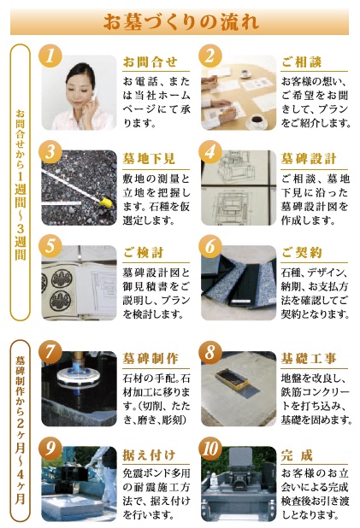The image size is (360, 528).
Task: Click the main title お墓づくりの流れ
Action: (x=180, y=19)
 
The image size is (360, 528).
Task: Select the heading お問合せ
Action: (x=150, y=62)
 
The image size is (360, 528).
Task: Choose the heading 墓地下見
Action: (x=150, y=159)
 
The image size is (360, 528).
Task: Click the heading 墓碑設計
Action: (x=309, y=159)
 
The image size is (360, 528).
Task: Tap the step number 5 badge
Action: (x=51, y=248)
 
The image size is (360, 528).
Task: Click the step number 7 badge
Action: (x=51, y=352)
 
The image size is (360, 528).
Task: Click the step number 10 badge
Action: (x=212, y=448)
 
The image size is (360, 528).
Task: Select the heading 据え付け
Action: (x=150, y=454)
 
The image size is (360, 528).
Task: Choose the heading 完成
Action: (x=297, y=454)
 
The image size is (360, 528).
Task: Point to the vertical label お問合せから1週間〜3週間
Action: (x=21, y=185)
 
